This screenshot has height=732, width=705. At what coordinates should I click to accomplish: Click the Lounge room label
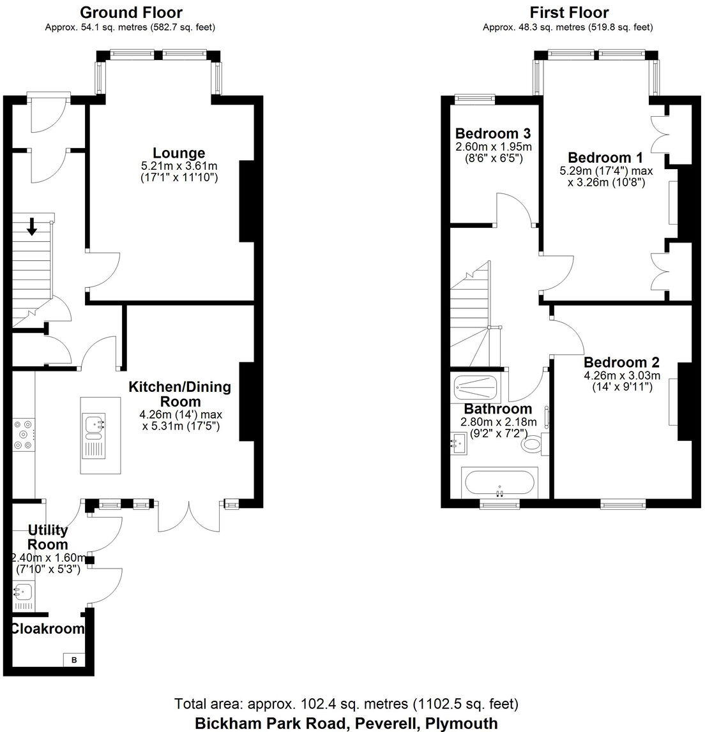coord(179,153)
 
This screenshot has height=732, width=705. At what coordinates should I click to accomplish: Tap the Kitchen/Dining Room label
coord(180,394)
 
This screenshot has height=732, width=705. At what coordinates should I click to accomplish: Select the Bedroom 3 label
coord(493,134)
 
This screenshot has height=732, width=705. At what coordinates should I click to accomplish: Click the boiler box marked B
coord(73,660)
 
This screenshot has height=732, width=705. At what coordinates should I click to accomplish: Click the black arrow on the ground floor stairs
coord(31,226)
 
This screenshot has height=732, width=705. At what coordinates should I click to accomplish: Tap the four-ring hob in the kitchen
coord(24,435)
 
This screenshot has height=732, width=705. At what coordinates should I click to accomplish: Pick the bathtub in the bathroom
coord(500,484)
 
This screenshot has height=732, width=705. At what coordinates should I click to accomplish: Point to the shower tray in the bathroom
coord(474,387)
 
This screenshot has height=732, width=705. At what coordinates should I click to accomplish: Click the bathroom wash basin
coord(458,442)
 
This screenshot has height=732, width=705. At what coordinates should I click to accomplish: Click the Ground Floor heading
coord(131,12)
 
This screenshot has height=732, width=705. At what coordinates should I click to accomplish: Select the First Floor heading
coord(569,12)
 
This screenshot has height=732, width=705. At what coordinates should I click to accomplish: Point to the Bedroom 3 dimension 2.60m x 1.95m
coord(493,147)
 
